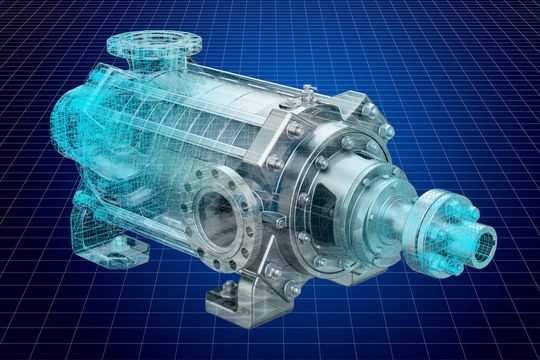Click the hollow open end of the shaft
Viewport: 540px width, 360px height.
click(x=487, y=243)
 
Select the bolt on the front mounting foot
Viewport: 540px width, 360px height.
click(x=229, y=289)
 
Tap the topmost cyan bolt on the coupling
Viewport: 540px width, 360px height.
click(x=453, y=203)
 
